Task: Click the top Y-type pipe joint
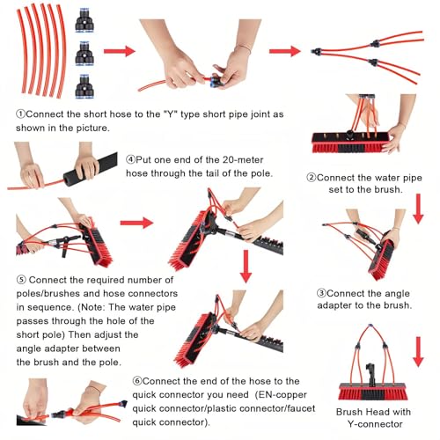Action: click(84, 20)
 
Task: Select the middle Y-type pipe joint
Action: click(84, 54)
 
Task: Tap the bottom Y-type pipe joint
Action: click(84, 86)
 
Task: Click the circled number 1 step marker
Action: click(21, 114)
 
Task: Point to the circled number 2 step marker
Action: click(312, 178)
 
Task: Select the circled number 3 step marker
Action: click(321, 293)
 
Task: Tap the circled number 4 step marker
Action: click(130, 159)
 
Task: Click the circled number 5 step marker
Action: click(21, 280)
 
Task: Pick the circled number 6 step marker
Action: click(137, 381)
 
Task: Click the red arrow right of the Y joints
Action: click(120, 51)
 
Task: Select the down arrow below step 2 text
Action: click(418, 209)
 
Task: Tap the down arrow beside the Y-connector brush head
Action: click(418, 352)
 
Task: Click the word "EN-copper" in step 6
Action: click(281, 395)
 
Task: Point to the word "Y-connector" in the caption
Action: click(375, 424)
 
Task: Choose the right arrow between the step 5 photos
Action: click(136, 223)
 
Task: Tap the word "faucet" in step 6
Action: click(301, 408)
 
